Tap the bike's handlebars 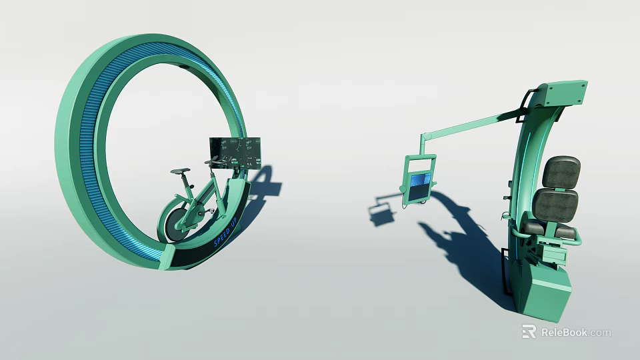click(x=215, y=162)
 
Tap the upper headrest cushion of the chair click(x=561, y=172)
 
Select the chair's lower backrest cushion click(x=554, y=204)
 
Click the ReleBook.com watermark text click(x=575, y=332)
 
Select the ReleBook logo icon click(x=529, y=331)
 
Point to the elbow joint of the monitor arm click(x=423, y=137)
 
